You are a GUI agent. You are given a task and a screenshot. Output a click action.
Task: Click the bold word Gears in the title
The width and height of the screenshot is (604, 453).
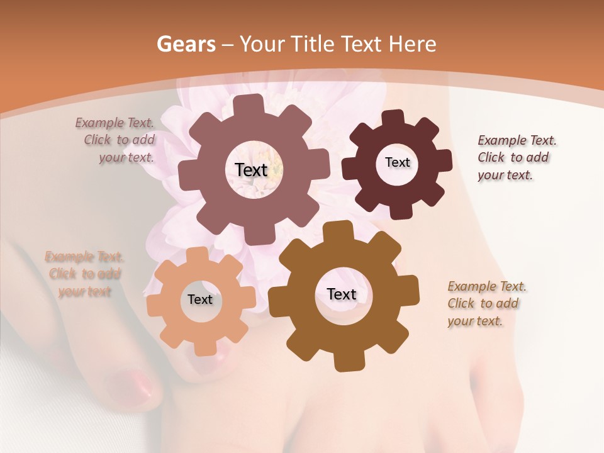point(186,44)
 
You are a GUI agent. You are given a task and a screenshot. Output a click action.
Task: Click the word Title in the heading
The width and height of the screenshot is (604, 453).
point(312,44)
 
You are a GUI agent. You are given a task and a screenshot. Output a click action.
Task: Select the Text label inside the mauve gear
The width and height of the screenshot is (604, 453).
point(252,170)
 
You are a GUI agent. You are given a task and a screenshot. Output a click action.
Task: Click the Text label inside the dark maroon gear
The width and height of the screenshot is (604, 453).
point(397,162)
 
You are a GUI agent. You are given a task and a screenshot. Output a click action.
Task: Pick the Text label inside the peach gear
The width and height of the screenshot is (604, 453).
point(200,299)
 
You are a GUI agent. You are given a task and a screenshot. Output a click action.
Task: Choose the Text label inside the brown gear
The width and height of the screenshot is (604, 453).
point(342,294)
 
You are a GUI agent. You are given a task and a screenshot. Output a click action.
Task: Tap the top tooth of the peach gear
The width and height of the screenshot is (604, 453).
point(197,254)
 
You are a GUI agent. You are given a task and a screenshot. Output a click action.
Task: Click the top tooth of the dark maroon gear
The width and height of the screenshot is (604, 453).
point(393,118)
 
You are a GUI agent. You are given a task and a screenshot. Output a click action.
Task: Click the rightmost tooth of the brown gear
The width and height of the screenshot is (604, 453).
point(410,296)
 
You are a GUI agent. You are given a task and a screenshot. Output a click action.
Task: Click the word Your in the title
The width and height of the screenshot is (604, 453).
point(262,44)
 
